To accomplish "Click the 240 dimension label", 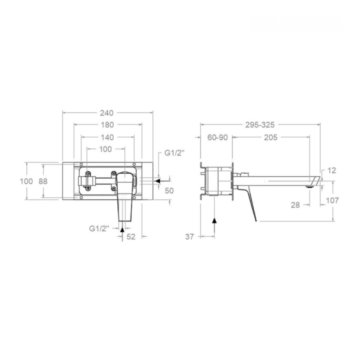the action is click(107, 113).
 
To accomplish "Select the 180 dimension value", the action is click(107, 125).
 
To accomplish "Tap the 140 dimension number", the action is click(107, 137).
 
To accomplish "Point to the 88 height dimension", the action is click(43, 181).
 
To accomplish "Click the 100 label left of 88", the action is click(26, 181).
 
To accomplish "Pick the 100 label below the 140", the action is click(105, 149).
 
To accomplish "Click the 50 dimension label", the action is click(169, 191).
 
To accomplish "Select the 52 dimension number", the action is click(131, 236).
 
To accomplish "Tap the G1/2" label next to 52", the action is click(99, 228).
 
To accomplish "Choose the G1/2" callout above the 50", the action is click(174, 153).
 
